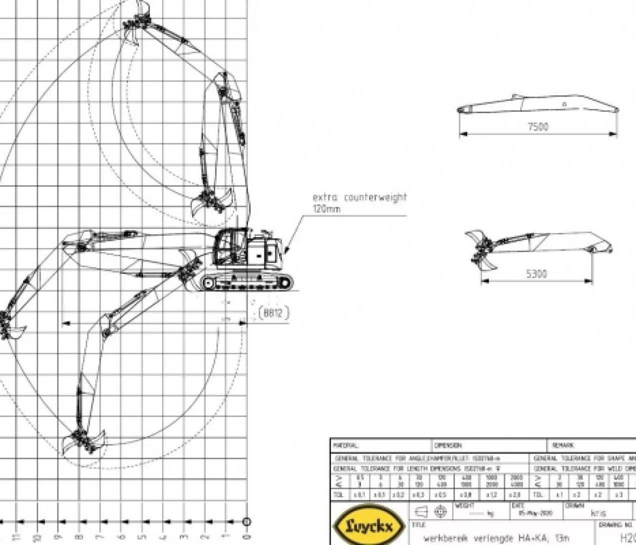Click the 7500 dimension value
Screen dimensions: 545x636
coord(537,127)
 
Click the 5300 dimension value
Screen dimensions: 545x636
coord(536,274)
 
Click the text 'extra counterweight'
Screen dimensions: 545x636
coord(359,197)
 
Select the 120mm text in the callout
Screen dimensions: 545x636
coord(326,209)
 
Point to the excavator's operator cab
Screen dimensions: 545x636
coord(229,246)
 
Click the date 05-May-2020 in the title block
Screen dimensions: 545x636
coord(531,513)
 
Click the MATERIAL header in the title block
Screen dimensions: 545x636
coord(346,445)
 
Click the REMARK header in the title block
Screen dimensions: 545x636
coord(563,445)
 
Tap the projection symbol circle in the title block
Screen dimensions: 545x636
coord(440,511)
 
